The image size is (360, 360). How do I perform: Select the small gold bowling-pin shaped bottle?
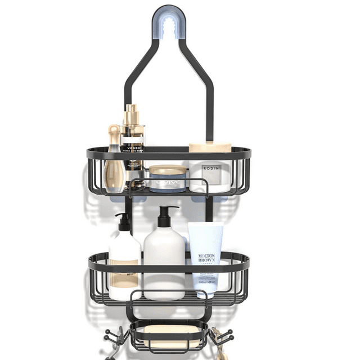(114, 163)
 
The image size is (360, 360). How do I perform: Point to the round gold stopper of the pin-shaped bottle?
(114, 130)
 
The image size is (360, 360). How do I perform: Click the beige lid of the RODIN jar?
(209, 147)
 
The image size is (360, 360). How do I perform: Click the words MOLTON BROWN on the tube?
(206, 260)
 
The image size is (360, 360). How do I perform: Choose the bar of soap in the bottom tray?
(167, 336)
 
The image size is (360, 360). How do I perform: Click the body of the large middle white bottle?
(165, 262)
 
